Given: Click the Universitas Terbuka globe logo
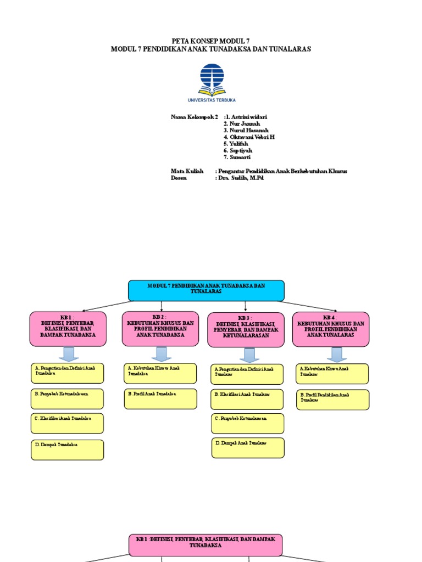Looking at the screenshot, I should point(211,79).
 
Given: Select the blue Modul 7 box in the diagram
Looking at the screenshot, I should point(206,290).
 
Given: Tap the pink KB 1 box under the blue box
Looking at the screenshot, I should point(68,329).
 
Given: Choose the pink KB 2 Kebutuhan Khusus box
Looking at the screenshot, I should point(160,328).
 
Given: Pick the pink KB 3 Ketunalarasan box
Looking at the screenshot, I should point(246,330).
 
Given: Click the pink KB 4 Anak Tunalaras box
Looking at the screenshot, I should point(331,329).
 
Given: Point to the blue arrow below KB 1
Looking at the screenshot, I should point(68,354).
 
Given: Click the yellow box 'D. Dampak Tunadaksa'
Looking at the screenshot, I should point(68,449).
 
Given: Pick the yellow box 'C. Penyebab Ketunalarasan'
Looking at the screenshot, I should point(248,423).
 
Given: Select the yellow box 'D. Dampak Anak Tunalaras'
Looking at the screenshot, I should point(248,447).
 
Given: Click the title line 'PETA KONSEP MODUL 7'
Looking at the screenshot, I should point(210,41).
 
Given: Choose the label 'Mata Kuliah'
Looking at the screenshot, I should point(187,171).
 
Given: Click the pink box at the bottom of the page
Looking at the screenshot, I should point(206,542).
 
